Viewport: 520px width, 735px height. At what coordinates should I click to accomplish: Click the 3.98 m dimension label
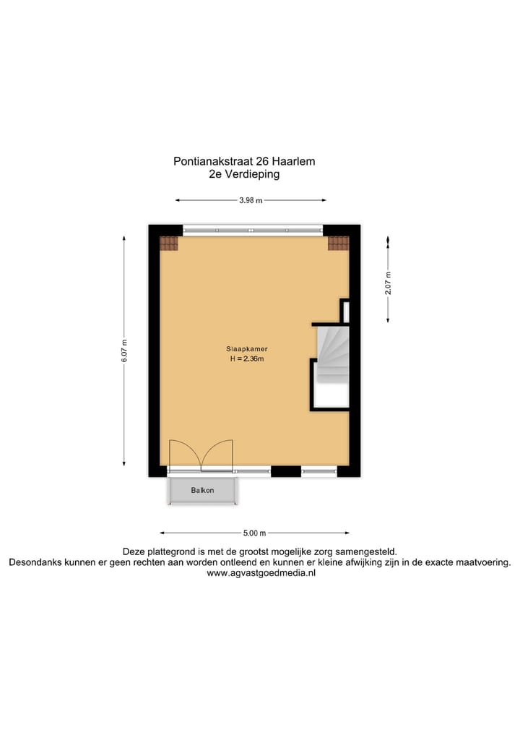[x=250, y=201]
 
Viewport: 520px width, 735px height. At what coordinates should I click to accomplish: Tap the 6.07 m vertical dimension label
[x=124, y=351]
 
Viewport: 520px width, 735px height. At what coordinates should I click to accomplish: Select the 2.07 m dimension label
[x=388, y=280]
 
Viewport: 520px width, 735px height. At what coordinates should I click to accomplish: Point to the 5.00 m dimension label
[x=253, y=533]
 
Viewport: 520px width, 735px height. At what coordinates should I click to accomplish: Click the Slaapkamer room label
[x=242, y=348]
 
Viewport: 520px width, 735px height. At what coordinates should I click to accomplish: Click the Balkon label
[x=202, y=491]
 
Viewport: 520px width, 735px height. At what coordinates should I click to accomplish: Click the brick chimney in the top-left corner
[x=168, y=244]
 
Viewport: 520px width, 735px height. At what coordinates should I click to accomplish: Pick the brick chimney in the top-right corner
[x=338, y=244]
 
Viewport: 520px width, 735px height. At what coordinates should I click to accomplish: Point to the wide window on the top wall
[x=252, y=231]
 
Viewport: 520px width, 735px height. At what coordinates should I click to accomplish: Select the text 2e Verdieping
[x=243, y=174]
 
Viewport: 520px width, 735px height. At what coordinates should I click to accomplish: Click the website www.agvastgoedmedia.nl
[x=260, y=573]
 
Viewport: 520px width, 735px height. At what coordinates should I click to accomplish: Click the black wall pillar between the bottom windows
[x=286, y=471]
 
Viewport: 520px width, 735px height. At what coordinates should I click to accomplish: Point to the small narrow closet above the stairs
[x=345, y=311]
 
